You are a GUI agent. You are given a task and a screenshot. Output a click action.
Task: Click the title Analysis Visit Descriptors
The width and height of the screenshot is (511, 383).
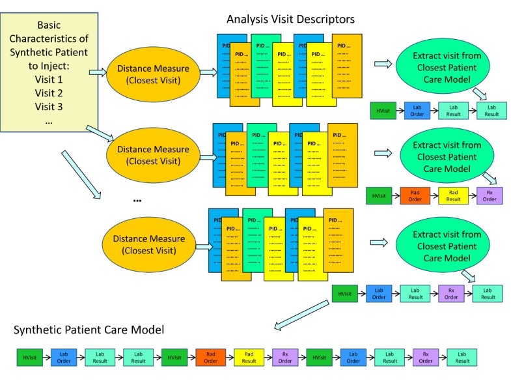290,19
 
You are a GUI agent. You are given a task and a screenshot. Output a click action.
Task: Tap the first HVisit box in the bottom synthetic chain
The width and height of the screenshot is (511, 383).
29,357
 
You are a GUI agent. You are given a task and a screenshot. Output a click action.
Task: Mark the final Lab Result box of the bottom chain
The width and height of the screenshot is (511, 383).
461,357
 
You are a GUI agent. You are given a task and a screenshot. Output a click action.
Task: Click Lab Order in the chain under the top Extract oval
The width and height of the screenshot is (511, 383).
416,110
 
